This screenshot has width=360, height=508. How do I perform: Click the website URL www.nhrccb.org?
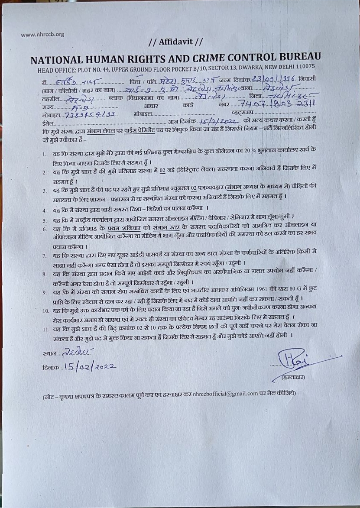tap(42, 35)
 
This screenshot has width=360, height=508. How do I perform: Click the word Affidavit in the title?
tap(175, 42)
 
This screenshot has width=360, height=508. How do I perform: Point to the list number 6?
tap(44, 229)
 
